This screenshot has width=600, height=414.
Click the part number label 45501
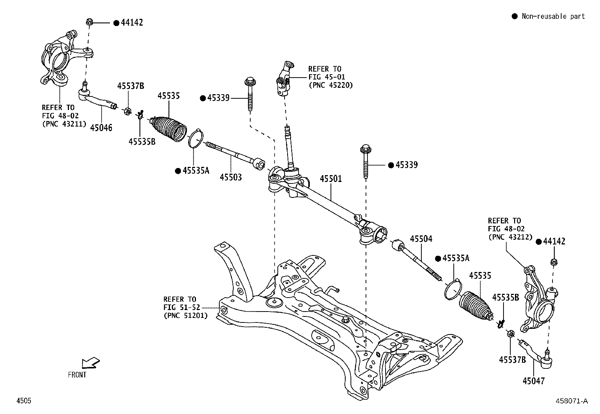click(x=331, y=178)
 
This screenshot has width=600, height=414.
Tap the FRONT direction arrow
click(x=90, y=363)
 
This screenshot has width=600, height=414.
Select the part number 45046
click(x=101, y=128)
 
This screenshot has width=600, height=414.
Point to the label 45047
click(x=533, y=381)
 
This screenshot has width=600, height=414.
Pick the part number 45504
click(x=421, y=239)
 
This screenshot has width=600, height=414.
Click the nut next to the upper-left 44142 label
click(x=90, y=22)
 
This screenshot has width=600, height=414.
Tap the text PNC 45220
click(x=331, y=85)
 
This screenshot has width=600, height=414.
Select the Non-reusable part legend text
click(x=553, y=16)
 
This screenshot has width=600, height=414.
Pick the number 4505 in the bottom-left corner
click(x=23, y=401)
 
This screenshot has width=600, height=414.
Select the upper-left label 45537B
click(x=130, y=86)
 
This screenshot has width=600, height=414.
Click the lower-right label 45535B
click(x=505, y=298)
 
